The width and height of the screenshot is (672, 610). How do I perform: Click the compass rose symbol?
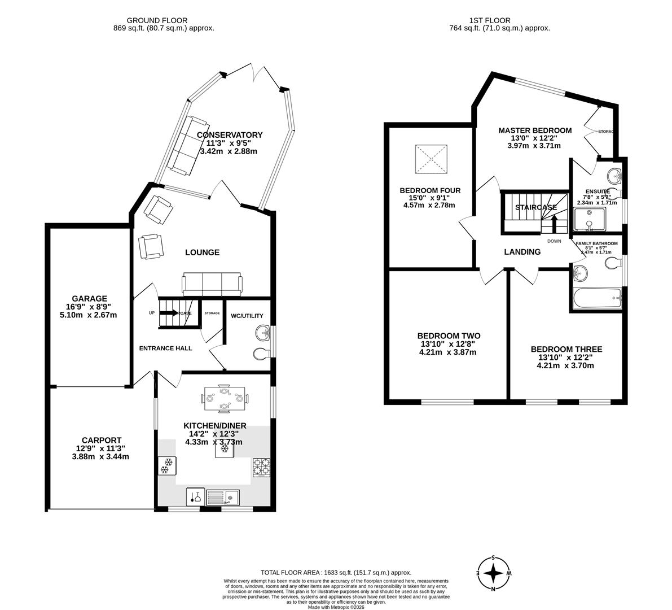point(494,573)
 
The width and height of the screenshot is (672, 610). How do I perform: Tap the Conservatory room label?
point(230,134)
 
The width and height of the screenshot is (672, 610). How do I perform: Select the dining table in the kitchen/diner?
point(225,398)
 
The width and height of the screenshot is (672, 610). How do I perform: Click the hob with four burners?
point(262,467)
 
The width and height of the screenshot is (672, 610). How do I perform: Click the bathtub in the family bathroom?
point(597,298)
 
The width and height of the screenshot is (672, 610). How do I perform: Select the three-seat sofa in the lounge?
point(212,284)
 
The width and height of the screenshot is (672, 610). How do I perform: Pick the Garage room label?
point(89,298)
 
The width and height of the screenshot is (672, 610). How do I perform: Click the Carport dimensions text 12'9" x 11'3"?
point(100,448)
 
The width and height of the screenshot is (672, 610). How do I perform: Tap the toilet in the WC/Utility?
point(261,354)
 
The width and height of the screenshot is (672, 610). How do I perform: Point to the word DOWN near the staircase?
point(554,241)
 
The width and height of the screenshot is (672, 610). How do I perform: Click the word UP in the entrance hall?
point(151,313)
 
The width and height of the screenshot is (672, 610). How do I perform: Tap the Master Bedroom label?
point(534,130)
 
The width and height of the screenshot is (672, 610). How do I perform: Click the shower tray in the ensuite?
point(588,220)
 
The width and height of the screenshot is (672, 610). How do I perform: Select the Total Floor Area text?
point(336,572)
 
